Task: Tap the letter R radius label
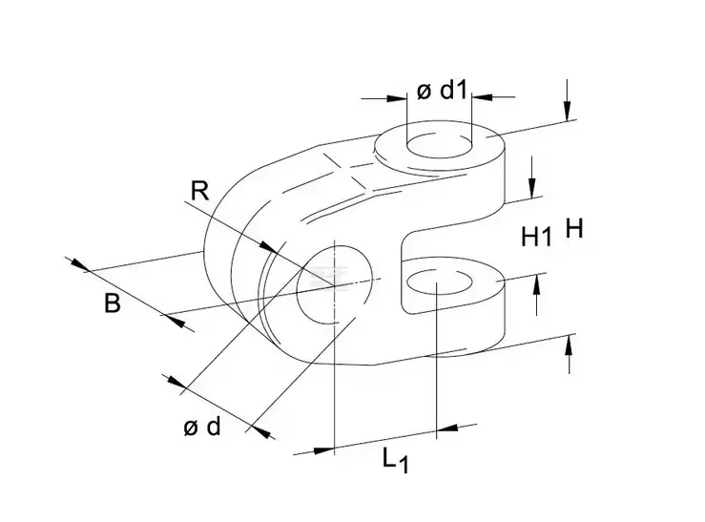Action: click(x=199, y=190)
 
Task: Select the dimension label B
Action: click(x=112, y=305)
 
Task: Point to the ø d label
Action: click(x=202, y=428)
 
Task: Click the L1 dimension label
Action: click(x=394, y=460)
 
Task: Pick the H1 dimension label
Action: click(x=536, y=237)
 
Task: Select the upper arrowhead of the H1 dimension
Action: click(x=532, y=186)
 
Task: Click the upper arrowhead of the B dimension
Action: click(x=79, y=265)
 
